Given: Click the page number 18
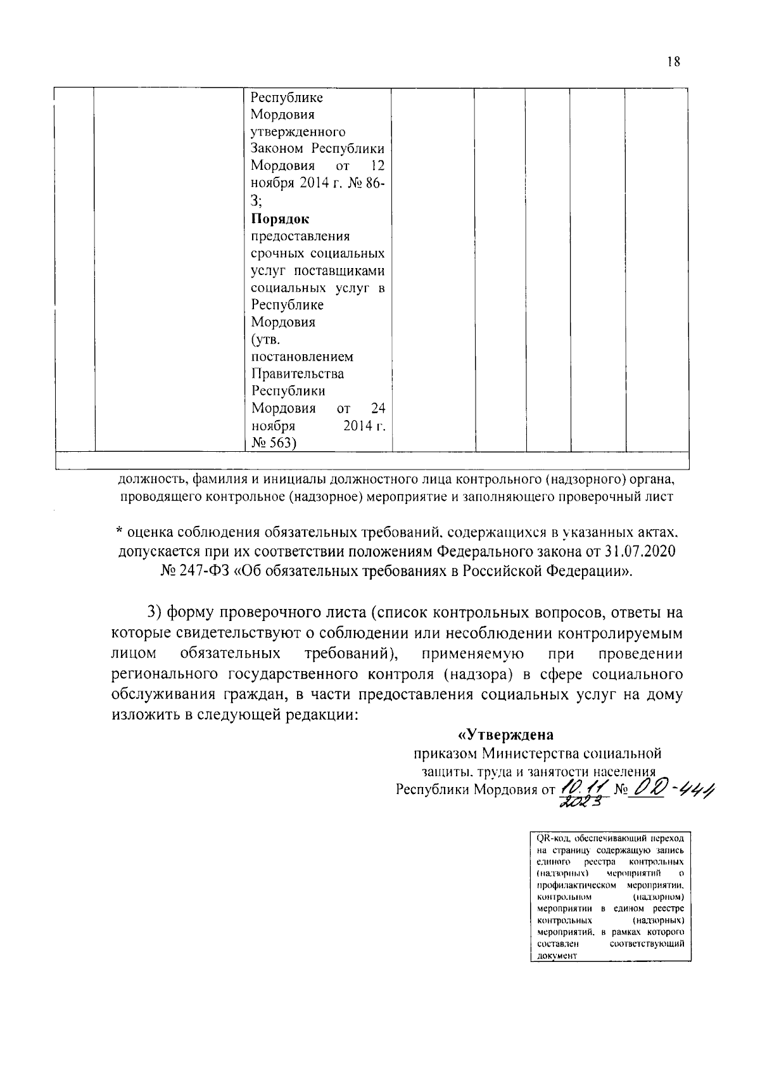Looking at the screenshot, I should tap(673, 61).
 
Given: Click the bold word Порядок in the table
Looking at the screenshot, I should tap(280, 219).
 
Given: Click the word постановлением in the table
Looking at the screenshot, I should tap(302, 357).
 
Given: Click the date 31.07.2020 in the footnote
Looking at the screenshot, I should tap(639, 552).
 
